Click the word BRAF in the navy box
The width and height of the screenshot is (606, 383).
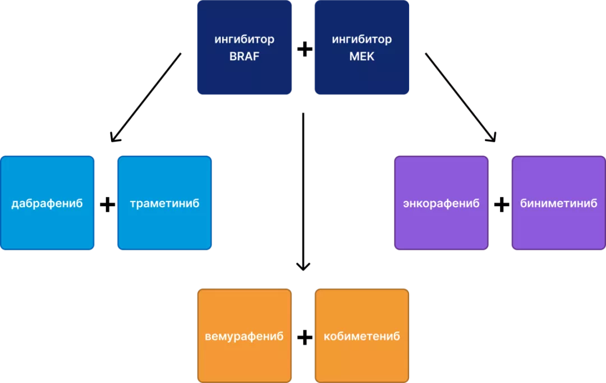(244, 57)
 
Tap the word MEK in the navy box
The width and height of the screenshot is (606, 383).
(362, 57)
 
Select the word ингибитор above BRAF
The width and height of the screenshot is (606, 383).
(244, 40)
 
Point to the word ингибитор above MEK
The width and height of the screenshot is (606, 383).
(362, 40)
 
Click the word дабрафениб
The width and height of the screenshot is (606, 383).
(47, 203)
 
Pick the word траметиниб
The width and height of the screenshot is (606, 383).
(164, 203)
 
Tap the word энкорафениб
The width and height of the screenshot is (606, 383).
(441, 203)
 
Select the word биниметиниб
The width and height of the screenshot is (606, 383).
(559, 203)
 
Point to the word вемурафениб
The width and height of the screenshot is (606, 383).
(244, 336)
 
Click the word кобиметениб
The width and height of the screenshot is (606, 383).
(362, 336)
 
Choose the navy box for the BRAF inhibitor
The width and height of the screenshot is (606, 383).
(244, 76)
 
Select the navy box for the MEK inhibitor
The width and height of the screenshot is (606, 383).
(362, 76)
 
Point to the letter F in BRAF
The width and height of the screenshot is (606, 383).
(256, 57)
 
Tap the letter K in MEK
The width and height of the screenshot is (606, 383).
(370, 57)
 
